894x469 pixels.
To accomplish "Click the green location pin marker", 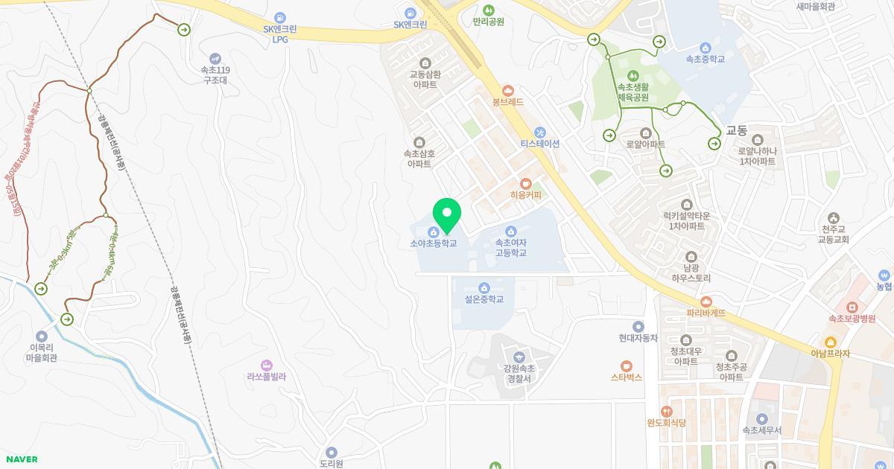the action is pos(447,215).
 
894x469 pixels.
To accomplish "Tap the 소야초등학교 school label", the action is pos(433,243).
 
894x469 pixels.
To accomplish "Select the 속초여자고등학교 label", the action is pos(511,247).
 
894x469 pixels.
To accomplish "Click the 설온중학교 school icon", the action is pos(484,288).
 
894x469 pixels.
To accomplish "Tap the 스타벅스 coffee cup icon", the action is pos(627,366).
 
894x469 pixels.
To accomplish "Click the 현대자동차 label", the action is pos(638,337).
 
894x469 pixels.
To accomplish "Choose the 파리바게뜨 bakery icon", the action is pos(706,301).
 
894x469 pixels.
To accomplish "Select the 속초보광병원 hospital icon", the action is pos(850,307).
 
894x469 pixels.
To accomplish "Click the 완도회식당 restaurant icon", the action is pos(666,411).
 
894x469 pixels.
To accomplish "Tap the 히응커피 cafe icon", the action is pos(525,183).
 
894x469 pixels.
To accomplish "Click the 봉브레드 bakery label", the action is pos(508,101).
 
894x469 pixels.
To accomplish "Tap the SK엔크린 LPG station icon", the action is pos(280,16).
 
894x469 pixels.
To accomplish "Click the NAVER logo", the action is pos(20,459).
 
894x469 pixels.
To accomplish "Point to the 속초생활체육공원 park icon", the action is pos(633,75).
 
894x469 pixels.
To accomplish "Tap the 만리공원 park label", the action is pos(488,22).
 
